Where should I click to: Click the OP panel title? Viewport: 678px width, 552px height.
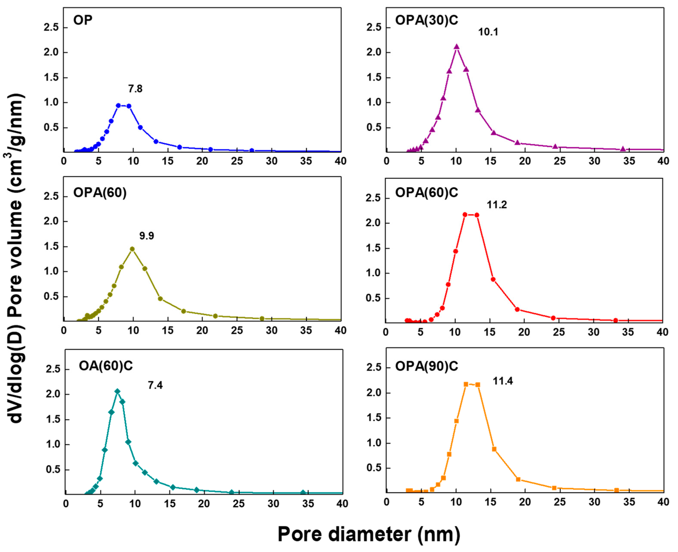(x=83, y=20)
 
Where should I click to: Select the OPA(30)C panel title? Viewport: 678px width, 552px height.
(x=426, y=20)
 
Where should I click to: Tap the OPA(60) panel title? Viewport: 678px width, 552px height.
(x=100, y=192)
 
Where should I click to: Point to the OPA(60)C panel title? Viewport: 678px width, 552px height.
(x=426, y=192)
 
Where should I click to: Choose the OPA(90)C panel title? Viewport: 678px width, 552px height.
(x=426, y=366)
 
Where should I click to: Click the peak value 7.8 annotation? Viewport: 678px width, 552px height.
(x=135, y=89)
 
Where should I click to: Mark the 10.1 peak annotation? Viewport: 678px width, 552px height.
(x=488, y=32)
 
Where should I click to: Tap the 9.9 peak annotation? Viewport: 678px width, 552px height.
(x=146, y=236)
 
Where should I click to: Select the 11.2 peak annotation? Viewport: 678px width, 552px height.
(x=497, y=205)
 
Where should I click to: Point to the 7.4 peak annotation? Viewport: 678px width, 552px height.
(x=155, y=385)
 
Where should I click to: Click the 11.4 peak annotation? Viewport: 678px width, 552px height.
(x=503, y=381)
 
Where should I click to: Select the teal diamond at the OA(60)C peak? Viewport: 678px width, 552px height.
(x=117, y=391)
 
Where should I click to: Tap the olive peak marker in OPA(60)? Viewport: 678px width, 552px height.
(x=132, y=249)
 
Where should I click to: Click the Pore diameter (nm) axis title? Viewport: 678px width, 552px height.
(x=369, y=534)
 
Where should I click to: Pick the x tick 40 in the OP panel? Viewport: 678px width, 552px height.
(x=340, y=161)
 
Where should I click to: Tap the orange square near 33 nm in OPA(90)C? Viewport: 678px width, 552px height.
(x=616, y=490)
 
